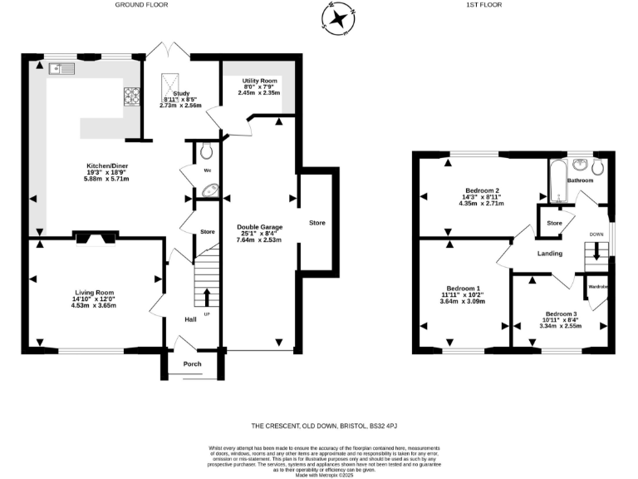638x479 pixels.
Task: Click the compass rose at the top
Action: coord(338,18)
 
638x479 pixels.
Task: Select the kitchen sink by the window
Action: coord(62,68)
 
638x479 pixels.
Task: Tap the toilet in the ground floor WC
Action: coord(207,151)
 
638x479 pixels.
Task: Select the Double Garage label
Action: coord(260,227)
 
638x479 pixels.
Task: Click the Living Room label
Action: coord(94,293)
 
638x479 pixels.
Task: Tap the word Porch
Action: coord(192,363)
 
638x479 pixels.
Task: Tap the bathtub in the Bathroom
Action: coord(557,181)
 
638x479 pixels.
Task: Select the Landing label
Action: coord(549,254)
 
